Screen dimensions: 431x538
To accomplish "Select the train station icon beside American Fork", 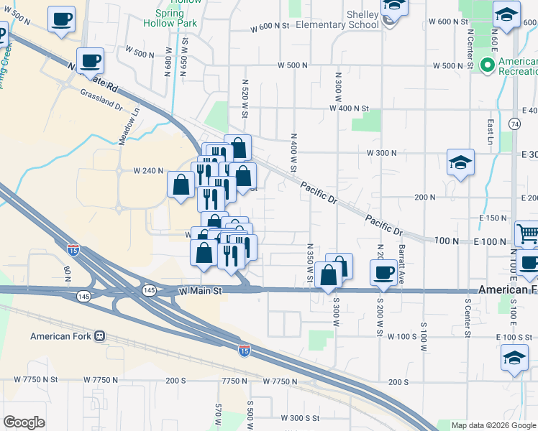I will [x=99, y=336].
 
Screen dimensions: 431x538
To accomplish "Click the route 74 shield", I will [x=514, y=124].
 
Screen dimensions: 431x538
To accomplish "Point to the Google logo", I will [x=24, y=422].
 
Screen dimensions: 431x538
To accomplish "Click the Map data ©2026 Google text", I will [x=494, y=425].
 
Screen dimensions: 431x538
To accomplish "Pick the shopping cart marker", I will [x=527, y=233].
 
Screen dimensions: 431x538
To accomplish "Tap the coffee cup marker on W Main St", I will [x=383, y=272].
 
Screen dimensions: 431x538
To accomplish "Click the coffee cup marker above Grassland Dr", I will [x=91, y=60].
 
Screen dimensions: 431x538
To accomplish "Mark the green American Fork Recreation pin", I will [x=487, y=65].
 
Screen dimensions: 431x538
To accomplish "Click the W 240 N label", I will [x=150, y=171].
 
